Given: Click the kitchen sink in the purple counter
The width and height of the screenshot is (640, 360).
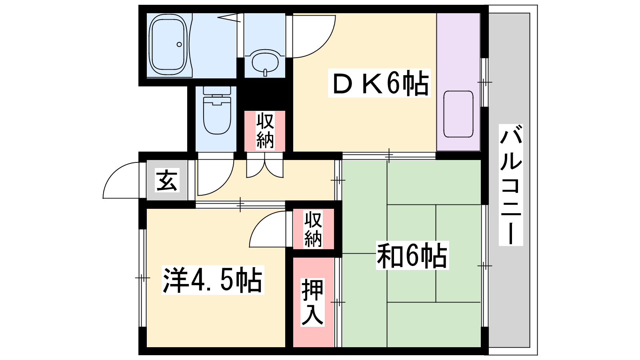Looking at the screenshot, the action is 458,114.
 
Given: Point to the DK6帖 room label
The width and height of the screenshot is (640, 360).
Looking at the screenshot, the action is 379,83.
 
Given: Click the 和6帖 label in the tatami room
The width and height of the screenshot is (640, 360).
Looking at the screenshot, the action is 412,256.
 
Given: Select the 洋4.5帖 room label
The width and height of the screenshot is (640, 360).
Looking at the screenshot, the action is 212,280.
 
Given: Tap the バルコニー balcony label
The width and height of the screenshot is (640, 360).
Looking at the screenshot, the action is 511,185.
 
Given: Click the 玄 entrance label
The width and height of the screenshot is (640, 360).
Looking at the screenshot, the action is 167,180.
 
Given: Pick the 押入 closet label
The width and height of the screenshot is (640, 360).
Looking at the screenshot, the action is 312,302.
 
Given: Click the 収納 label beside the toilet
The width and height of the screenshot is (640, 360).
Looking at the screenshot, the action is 265,130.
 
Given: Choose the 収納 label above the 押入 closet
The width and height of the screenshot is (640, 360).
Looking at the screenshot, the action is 313,229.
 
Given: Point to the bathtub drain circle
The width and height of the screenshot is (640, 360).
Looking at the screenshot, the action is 179,44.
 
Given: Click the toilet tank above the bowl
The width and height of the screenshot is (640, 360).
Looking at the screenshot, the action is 217,90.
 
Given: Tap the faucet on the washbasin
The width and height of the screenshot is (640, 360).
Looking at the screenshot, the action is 265,72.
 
